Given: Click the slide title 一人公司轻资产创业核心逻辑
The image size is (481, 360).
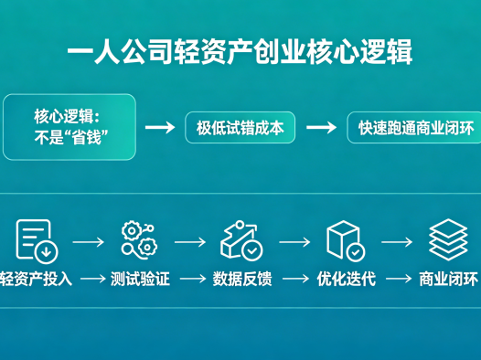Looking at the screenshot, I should point(240,51).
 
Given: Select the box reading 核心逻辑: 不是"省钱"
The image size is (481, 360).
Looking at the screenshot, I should point(69,127).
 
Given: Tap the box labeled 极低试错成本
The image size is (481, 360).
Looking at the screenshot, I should point(240,127).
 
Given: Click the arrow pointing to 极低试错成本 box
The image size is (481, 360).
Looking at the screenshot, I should point(160,127).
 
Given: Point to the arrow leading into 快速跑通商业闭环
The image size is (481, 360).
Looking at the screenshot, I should point(321,127).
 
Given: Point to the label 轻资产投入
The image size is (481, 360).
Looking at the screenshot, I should point(37,279).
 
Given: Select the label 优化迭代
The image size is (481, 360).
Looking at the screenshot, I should point(346,279).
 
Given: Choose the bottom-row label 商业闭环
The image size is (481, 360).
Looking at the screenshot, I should point(448,279).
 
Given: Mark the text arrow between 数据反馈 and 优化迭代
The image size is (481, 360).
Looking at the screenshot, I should point(294,279).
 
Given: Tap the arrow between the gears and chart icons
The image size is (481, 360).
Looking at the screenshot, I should point(190,242).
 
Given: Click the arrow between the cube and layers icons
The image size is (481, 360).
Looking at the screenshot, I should point(397,242).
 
